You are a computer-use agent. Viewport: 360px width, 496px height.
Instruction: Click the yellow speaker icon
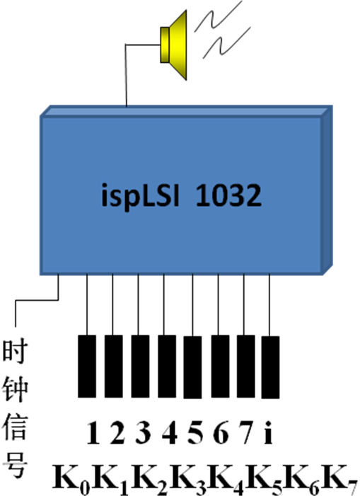point(173,45)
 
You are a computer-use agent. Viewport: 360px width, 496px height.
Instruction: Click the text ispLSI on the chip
point(141,195)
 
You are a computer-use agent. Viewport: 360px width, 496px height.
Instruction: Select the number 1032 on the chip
point(228,195)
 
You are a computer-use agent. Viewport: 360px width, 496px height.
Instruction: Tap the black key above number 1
point(87,366)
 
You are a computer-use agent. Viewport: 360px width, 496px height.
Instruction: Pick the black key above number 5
point(192,367)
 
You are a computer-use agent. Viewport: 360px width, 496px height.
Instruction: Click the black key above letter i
point(270,367)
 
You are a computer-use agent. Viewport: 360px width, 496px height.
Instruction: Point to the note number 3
point(143,432)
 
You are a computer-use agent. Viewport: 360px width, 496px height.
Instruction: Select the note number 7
point(246,432)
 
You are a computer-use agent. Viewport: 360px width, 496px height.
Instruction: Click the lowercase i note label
point(268,432)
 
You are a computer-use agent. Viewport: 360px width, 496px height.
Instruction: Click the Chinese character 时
point(15,352)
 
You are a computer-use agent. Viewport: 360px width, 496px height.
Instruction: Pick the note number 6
point(221,432)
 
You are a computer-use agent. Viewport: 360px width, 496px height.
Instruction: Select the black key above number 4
point(167,366)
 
